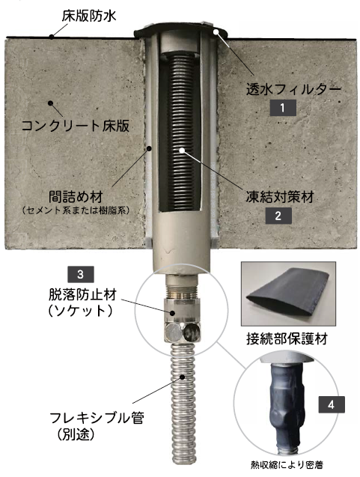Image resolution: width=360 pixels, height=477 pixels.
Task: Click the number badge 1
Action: click(x=283, y=107)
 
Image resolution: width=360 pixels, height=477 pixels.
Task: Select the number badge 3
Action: click(x=80, y=273)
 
